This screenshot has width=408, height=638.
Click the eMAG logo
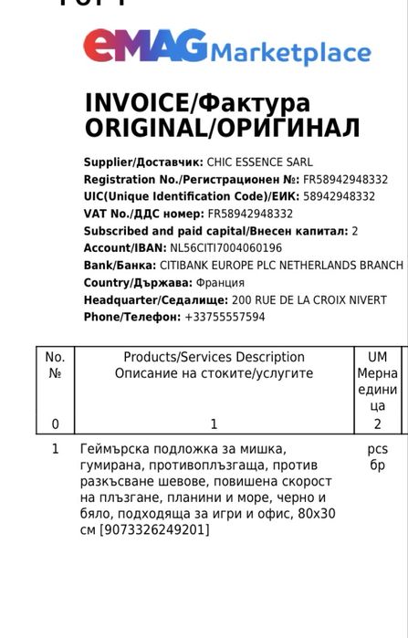[145, 47]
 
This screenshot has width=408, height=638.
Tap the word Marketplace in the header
[291, 54]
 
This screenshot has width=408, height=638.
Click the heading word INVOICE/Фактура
[197, 102]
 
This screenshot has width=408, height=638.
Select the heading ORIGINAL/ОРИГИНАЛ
[222, 128]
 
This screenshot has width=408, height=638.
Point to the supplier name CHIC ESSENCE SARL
[258, 162]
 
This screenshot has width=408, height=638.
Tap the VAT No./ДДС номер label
[143, 214]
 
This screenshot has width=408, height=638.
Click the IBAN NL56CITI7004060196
[225, 247]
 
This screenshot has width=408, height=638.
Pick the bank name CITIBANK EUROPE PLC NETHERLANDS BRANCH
[287, 265]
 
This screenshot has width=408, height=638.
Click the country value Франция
[220, 282]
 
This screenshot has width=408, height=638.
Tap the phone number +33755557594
[225, 317]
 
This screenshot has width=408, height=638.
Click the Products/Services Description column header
[214, 365]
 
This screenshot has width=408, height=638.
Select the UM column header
[377, 357]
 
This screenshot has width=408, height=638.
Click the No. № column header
[55, 365]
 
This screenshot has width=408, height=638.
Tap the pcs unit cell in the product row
[377, 449]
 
